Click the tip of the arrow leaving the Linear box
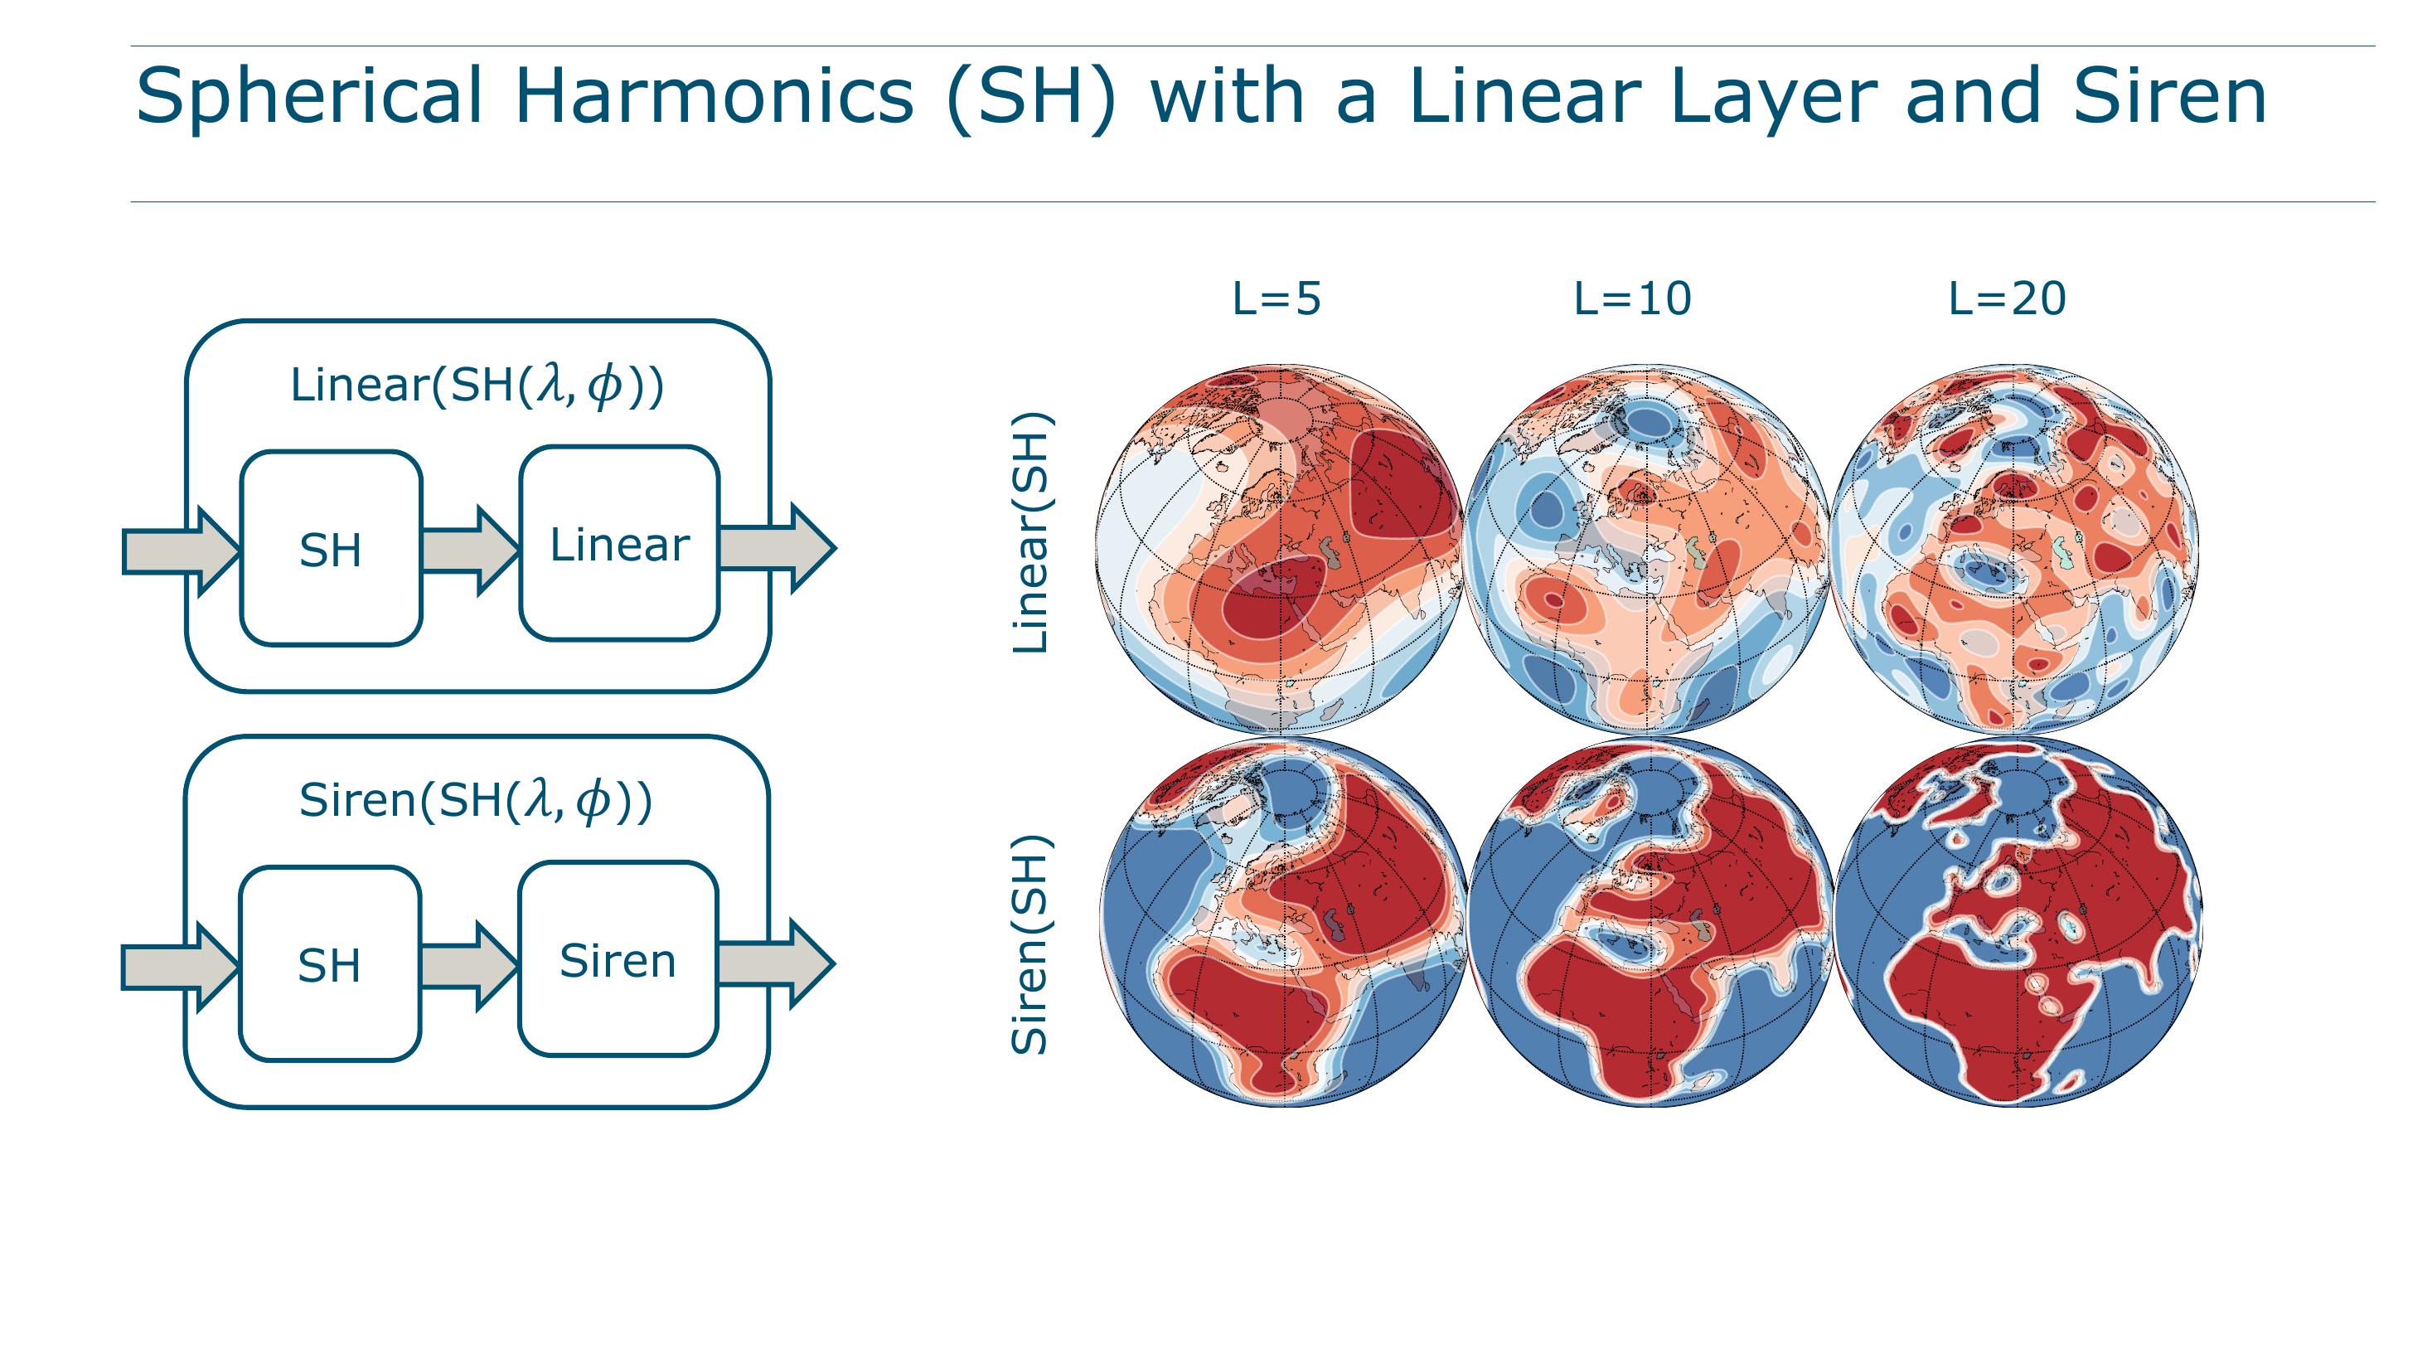pyautogui.click(x=836, y=547)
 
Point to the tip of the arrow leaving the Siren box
pyautogui.click(x=835, y=963)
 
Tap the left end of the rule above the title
pyautogui.click(x=131, y=46)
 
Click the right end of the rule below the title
pyautogui.click(x=2376, y=201)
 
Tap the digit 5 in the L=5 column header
pyautogui.click(x=1309, y=299)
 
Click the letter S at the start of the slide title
pyautogui.click(x=158, y=95)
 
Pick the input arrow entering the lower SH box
pyautogui.click(x=181, y=967)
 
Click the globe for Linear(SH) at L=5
pyautogui.click(x=1279, y=549)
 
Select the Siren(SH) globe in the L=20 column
pyautogui.click(x=2018, y=923)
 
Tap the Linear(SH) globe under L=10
pyautogui.click(x=1648, y=549)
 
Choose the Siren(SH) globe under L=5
pyautogui.click(x=1284, y=923)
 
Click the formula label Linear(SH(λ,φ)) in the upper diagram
pyautogui.click(x=477, y=386)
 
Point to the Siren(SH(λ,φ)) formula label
pyautogui.click(x=476, y=801)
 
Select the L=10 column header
pyautogui.click(x=1632, y=299)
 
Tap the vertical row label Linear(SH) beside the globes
pyautogui.click(x=1030, y=532)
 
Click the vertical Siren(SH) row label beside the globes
pyautogui.click(x=1030, y=944)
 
